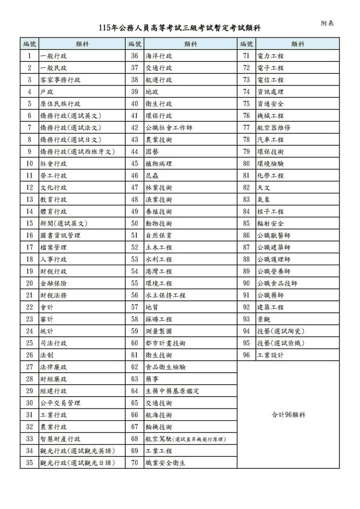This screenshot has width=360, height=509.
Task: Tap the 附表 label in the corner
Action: pos(328,23)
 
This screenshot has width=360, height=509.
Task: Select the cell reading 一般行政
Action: pos(54,56)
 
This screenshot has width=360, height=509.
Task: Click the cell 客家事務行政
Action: pos(60,80)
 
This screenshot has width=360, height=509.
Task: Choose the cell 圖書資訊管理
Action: pos(60,236)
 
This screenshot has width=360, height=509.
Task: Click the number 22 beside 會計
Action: pos(29,308)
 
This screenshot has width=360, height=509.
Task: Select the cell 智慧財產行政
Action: pos(60,439)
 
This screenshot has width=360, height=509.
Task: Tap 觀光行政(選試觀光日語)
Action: pos(77,463)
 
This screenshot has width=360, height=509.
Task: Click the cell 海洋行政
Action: pos(159,56)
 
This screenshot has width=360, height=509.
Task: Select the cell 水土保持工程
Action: pos(166,296)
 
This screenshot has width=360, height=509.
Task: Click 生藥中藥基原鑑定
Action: pos(172,391)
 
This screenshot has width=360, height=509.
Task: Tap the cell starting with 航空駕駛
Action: pos(185,439)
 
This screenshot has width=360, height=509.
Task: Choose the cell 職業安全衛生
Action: pos(166,463)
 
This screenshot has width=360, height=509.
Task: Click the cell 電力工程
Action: pos(271,56)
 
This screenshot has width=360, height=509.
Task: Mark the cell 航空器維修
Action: pos(274,128)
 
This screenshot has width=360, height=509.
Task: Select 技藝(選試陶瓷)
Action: pos(281,331)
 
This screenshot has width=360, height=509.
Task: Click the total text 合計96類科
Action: pos(288,415)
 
